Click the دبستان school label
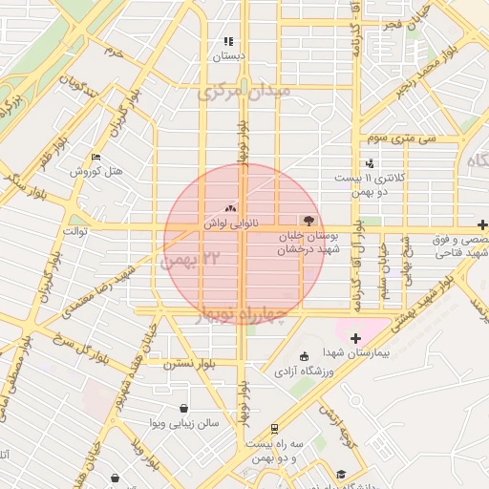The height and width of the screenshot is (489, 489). [228, 56]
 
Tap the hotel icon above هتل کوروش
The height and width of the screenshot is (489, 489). [95, 158]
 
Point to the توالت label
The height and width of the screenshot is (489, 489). [75, 231]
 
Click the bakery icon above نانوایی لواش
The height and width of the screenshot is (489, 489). [229, 208]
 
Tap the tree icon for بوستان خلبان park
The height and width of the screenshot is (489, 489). [308, 220]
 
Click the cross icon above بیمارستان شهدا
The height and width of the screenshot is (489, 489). [355, 338]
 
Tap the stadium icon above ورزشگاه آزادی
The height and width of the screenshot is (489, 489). [304, 357]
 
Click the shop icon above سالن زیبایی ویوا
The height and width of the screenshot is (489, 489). [182, 409]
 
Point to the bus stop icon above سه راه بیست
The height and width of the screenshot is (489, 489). [275, 429]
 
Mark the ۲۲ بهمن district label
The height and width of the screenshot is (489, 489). [199, 259]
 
